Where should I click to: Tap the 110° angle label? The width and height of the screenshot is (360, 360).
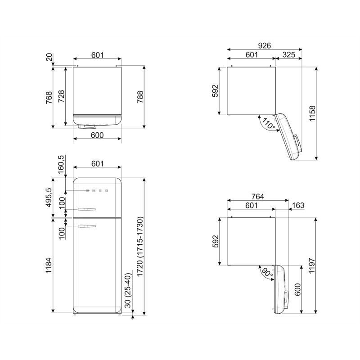pos(268,124)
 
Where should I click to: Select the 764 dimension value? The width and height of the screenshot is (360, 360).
pos(257,196)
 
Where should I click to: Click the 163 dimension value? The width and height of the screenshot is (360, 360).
pos(298,205)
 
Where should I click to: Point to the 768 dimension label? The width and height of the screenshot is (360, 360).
pos(49,97)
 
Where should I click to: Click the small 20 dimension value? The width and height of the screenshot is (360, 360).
pos(49,57)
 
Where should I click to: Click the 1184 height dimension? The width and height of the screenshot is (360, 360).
pos(49,265)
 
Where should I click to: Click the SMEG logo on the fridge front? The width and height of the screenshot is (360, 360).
pos(97,191)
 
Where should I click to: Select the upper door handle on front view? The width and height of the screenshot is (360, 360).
pos(87,209)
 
